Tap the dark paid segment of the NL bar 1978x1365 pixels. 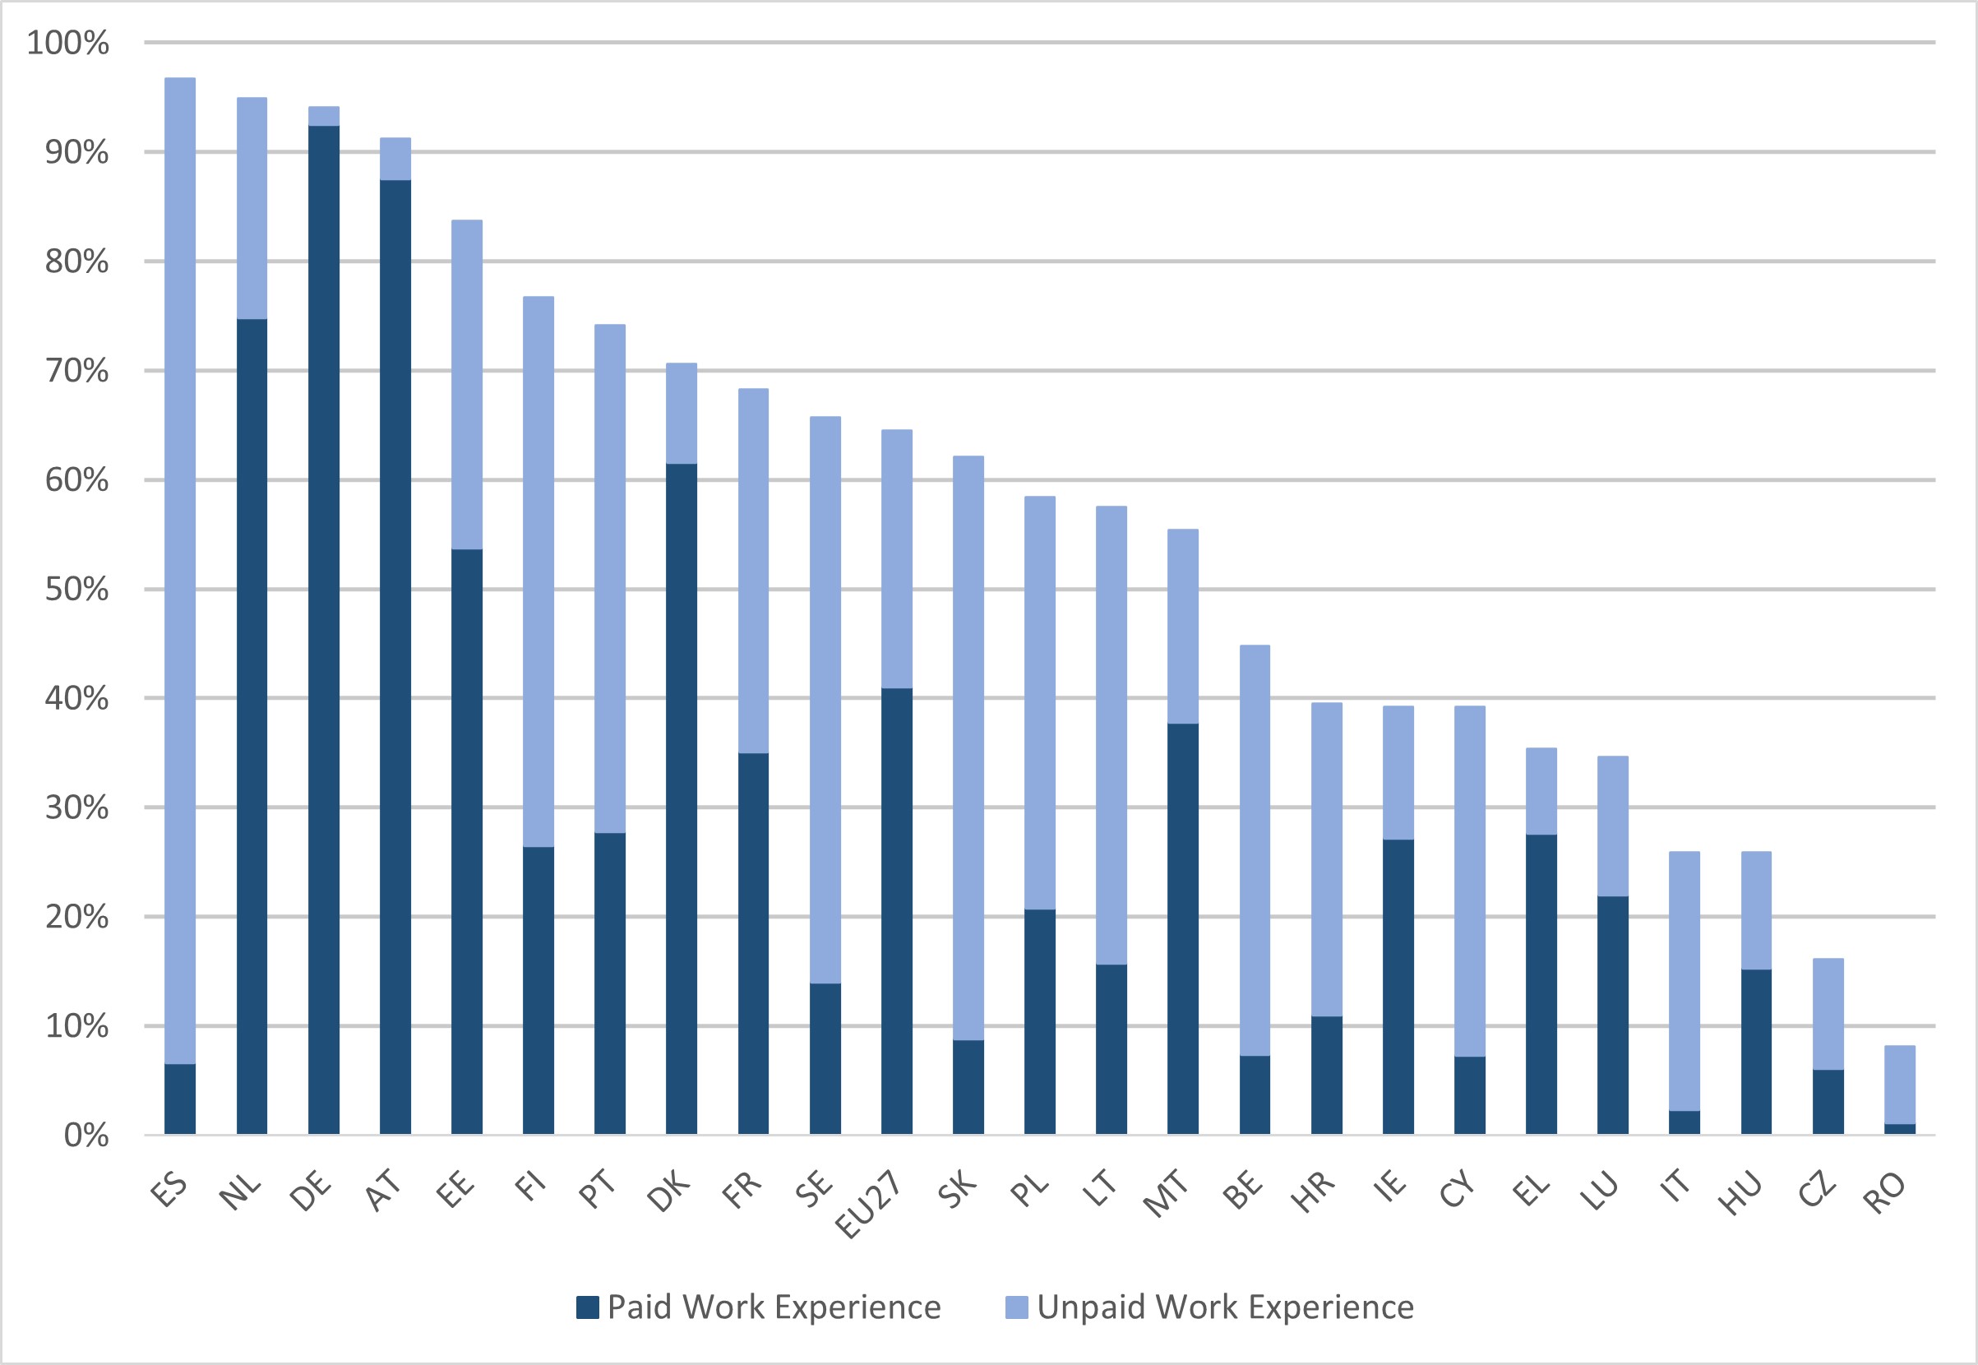(252, 726)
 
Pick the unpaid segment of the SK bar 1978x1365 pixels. (968, 747)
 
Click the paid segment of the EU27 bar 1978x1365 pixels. (896, 911)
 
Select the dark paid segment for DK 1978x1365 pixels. (682, 798)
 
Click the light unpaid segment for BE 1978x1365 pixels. (1255, 850)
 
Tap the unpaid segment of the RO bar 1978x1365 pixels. (1899, 1084)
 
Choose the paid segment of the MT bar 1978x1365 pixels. (1183, 929)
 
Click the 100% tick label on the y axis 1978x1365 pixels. (68, 43)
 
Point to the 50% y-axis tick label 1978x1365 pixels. (77, 590)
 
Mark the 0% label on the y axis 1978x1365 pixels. (86, 1136)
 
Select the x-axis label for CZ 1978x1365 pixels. (1817, 1189)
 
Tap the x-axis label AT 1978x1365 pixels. (384, 1190)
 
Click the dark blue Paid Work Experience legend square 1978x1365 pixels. (588, 1307)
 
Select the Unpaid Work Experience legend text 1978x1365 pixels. (1226, 1307)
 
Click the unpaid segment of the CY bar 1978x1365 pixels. (1469, 881)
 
